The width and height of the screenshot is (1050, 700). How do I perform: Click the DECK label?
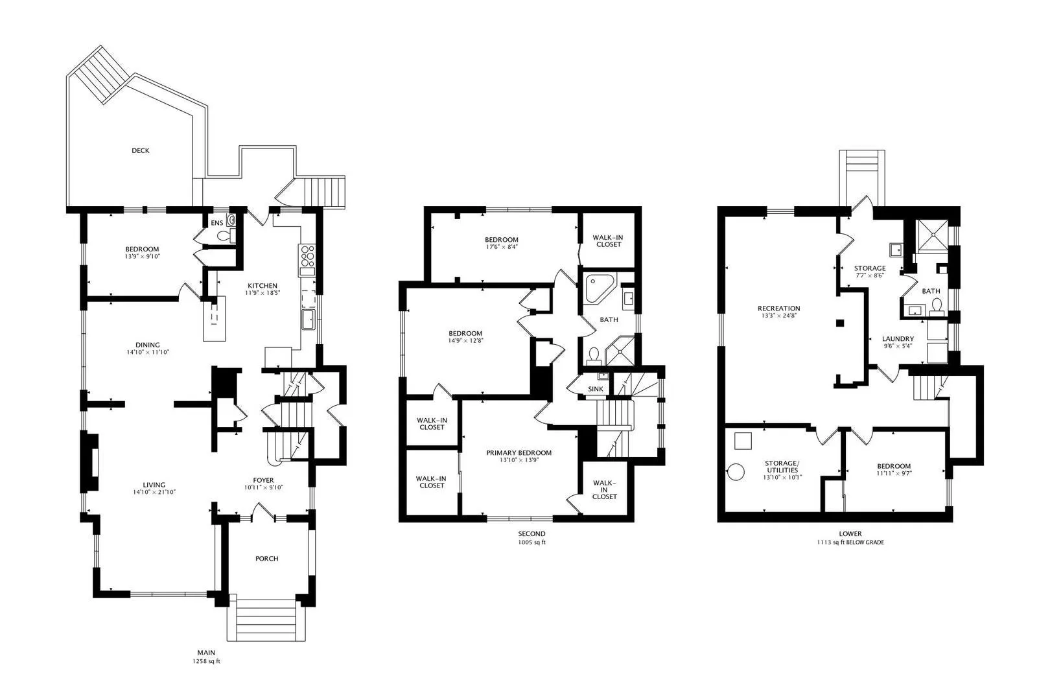140,150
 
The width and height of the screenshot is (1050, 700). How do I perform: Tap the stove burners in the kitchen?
307,255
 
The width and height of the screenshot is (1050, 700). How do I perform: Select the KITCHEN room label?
262,286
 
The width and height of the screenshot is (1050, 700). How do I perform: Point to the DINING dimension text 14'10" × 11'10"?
148,352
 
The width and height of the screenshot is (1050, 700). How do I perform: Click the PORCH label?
267,559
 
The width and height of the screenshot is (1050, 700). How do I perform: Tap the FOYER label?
263,480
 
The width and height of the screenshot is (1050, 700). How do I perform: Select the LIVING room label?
154,485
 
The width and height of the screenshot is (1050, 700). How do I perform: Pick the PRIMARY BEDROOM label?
519,453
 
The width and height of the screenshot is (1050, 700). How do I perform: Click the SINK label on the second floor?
596,389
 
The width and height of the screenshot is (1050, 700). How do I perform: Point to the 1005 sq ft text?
531,542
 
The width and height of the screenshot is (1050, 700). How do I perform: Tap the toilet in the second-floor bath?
594,356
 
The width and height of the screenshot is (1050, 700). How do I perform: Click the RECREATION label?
779,309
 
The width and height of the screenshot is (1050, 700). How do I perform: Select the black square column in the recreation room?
840,323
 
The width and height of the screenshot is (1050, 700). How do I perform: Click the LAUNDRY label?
898,338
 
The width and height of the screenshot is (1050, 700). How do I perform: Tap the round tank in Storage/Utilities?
736,472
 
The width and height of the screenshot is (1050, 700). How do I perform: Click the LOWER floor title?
850,533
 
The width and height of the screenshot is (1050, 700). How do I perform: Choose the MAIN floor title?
206,653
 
